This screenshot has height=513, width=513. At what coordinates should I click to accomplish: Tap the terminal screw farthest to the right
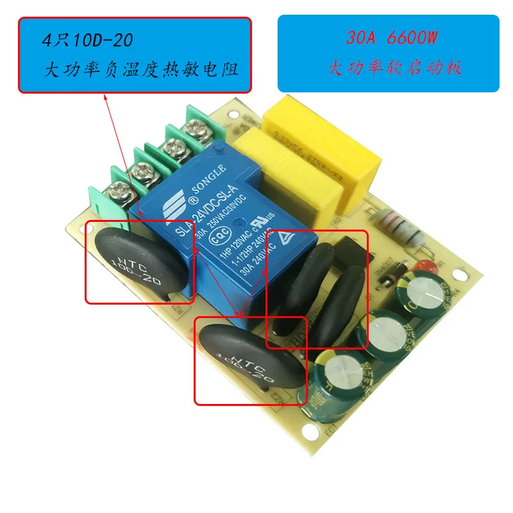(193, 131)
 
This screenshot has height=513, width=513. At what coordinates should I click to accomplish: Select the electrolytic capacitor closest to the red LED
(426, 296)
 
